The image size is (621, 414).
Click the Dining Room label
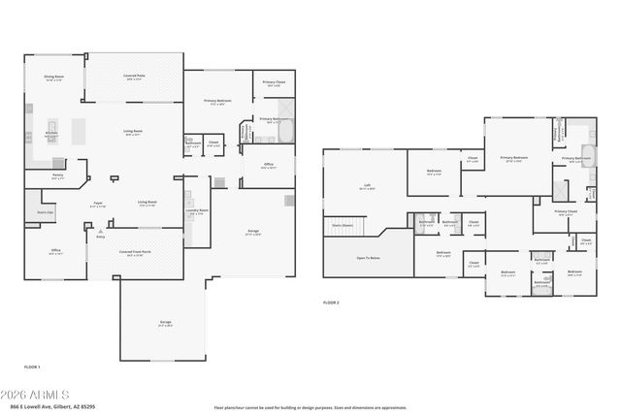pos(53,78)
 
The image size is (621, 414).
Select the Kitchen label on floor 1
pos(50,135)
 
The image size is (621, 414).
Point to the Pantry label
pos(57,176)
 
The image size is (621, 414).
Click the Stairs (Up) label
pos(45,210)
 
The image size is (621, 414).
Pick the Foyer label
pos(98,205)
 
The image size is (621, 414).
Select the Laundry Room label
pos(198,211)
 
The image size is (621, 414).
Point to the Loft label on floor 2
pos(367,186)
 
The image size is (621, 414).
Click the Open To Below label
pos(368,258)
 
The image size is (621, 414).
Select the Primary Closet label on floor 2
pos(566,211)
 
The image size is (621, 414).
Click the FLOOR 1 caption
pos(32,367)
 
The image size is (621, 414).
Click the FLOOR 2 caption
pos(331,303)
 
